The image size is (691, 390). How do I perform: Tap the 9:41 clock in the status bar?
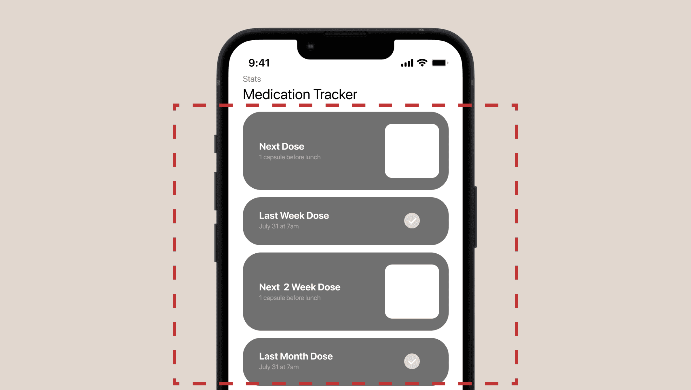tap(259, 63)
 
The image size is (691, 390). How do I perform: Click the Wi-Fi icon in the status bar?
tap(422, 63)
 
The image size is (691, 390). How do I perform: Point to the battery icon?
tap(440, 63)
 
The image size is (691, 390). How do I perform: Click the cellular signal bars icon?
tap(407, 63)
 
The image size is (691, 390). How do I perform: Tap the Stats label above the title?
tap(252, 79)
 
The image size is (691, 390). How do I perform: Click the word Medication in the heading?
tap(276, 94)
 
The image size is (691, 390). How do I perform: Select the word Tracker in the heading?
tap(335, 94)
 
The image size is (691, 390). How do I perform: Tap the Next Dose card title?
tap(282, 146)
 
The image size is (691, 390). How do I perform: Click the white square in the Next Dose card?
tap(412, 151)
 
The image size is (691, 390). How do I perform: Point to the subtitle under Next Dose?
tap(290, 157)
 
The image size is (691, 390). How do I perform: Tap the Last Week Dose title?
tap(294, 215)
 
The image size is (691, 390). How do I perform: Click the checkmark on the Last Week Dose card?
tap(412, 221)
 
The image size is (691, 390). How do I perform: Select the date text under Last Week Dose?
tap(279, 226)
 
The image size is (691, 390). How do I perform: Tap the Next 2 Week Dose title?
tap(300, 287)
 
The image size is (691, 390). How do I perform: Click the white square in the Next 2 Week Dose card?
tap(412, 292)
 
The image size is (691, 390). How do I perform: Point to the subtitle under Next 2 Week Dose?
tap(290, 298)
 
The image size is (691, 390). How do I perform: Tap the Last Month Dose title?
tap(296, 356)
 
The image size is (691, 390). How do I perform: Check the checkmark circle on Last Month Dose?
tap(412, 361)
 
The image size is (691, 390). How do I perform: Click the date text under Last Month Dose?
tap(279, 367)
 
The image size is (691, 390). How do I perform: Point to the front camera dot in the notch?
tap(310, 46)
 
